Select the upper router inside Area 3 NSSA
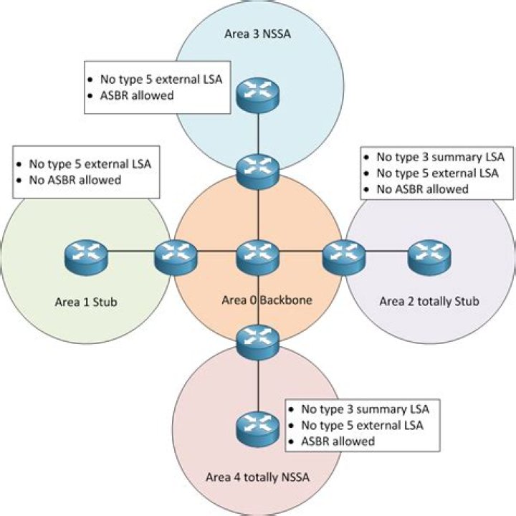pos(257,89)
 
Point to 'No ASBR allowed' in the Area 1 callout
pos(76,180)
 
